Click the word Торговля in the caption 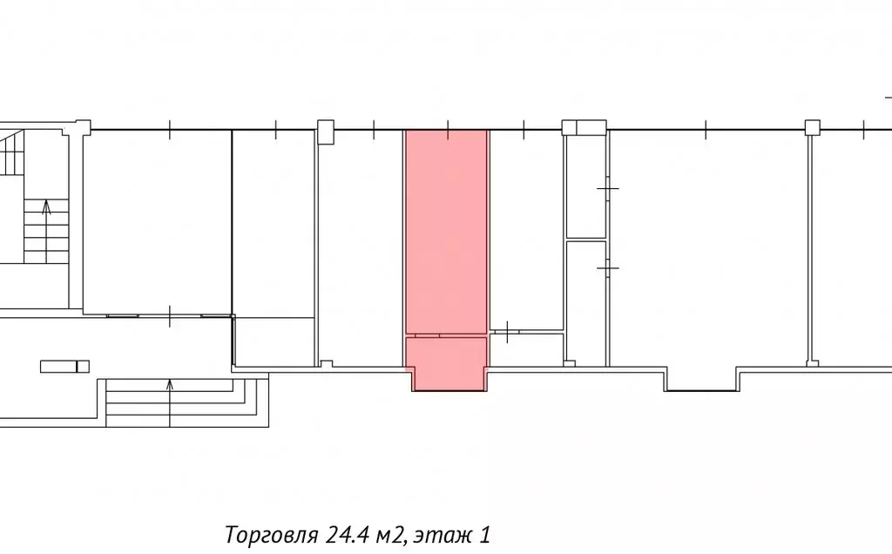(271, 535)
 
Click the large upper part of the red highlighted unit (447, 232)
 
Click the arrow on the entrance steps (170, 402)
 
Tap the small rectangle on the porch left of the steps (64, 367)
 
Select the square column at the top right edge (813, 127)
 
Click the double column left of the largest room (585, 127)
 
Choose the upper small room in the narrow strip (586, 186)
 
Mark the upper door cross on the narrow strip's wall (607, 187)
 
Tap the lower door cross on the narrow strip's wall (607, 267)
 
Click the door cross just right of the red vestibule (507, 332)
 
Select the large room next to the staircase (158, 222)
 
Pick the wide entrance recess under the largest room (701, 380)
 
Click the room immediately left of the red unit (360, 248)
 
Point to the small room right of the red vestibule (526, 350)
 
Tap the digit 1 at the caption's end (484, 535)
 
